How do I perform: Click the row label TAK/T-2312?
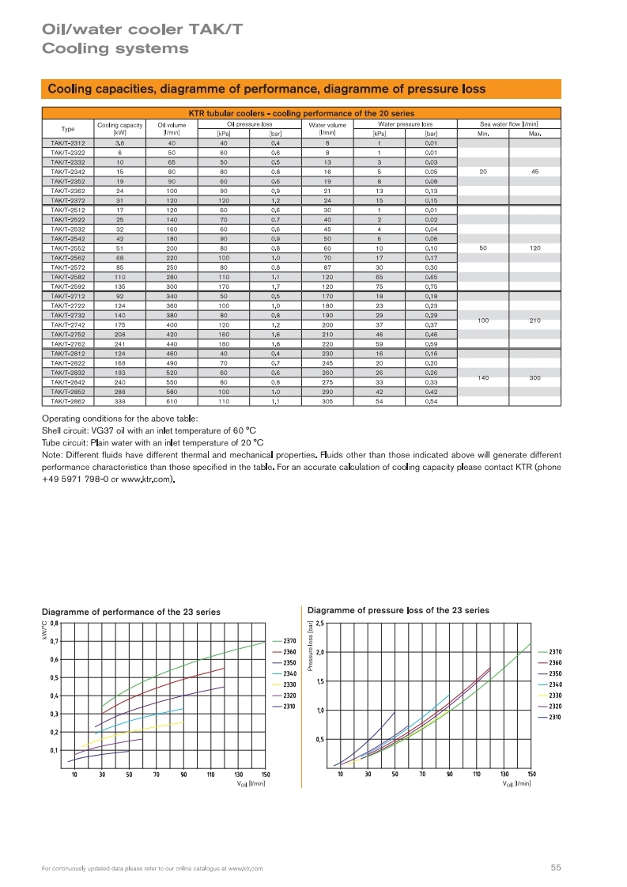click(x=68, y=142)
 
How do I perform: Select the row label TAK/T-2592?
click(x=68, y=286)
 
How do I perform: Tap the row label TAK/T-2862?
click(x=68, y=401)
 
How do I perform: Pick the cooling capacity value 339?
click(x=119, y=401)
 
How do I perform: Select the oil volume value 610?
click(x=172, y=401)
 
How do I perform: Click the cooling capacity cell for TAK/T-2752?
click(x=119, y=335)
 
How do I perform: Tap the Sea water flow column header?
click(x=509, y=124)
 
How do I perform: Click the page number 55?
click(x=556, y=868)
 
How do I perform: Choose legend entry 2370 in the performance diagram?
click(x=289, y=640)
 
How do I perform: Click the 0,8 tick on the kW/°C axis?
click(x=54, y=624)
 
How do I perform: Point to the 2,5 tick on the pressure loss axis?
click(x=320, y=624)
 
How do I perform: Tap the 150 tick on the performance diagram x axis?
click(x=266, y=774)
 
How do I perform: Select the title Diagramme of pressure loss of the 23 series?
click(x=398, y=610)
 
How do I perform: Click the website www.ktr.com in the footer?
click(x=245, y=869)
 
